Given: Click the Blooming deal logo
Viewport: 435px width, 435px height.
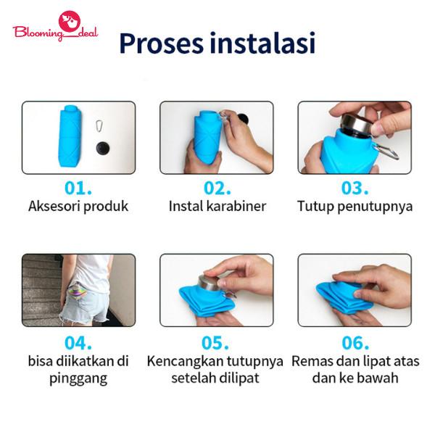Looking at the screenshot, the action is coord(56,26).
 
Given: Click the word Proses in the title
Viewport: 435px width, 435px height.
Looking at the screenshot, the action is coord(162,43).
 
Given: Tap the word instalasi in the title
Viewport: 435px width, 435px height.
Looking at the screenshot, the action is coord(262,43).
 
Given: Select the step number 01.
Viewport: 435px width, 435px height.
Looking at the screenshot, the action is coord(78,188).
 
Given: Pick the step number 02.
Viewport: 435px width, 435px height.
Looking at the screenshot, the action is coord(217,188).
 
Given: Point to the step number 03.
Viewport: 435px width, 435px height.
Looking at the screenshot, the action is coord(355,188).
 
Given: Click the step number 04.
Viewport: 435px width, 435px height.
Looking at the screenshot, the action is coord(78,343).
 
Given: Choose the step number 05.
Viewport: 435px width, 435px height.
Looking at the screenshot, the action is coord(215,343).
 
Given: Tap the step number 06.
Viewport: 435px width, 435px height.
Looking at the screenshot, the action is coord(355,343).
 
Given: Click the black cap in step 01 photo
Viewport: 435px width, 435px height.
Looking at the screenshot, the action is coord(103,148).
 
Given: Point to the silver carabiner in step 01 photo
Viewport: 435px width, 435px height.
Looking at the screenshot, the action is coord(99,125).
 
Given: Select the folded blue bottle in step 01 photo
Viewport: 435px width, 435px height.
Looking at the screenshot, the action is coord(69,136).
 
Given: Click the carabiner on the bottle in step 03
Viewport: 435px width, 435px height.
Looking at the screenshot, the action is coord(386,152).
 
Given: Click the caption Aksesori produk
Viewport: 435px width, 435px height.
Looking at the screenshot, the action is coord(78,207).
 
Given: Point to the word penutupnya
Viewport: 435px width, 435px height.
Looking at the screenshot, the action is coord(375,207).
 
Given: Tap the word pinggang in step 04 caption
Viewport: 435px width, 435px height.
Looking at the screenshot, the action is coord(78,378).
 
